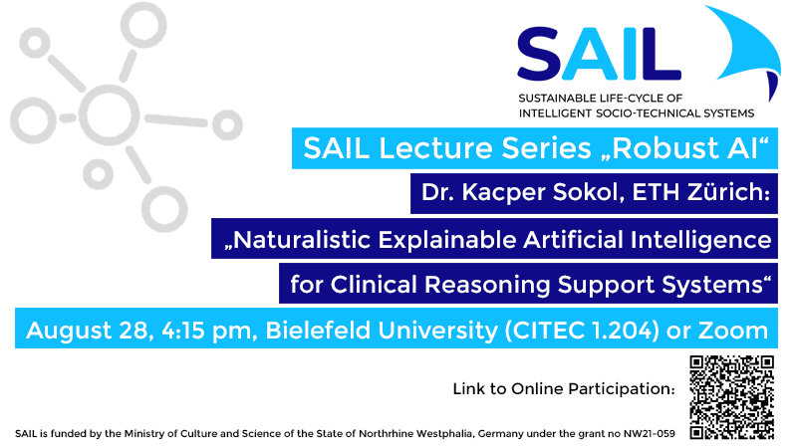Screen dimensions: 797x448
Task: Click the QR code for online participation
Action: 731,397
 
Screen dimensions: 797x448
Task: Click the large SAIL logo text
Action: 599,55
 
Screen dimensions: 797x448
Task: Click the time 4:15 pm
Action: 206,331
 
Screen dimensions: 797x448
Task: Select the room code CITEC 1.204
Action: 582,331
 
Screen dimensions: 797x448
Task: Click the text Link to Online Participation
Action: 564,389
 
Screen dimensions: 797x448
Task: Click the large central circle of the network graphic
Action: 110,114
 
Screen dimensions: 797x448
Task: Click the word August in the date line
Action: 70,332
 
